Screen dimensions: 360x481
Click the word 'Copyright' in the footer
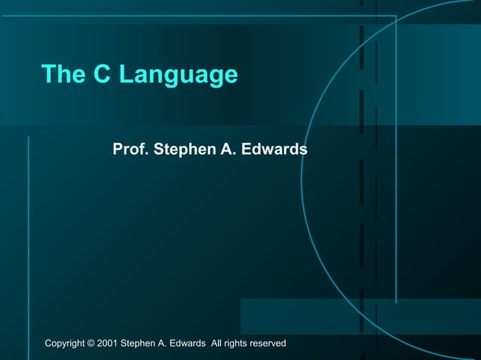tap(66, 343)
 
